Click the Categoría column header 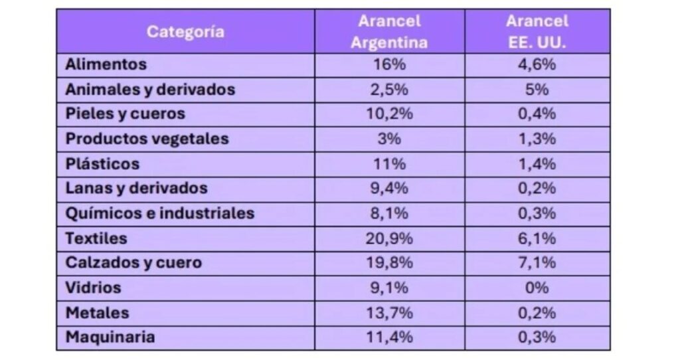click(x=185, y=31)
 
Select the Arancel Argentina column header click(x=389, y=31)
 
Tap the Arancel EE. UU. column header click(x=537, y=31)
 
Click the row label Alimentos click(x=106, y=64)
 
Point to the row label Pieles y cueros click(x=126, y=114)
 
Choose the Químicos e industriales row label click(x=160, y=213)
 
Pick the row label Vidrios click(x=94, y=288)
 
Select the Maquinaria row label click(x=110, y=337)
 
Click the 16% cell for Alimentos click(x=389, y=64)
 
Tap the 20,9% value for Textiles click(x=389, y=238)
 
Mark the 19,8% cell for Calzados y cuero click(x=389, y=262)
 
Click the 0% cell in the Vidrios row click(x=537, y=288)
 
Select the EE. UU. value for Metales click(x=537, y=312)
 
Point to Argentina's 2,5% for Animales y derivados click(x=389, y=89)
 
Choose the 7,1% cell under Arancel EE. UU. click(x=537, y=262)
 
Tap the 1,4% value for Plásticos click(x=537, y=163)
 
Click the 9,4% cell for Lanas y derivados click(x=389, y=188)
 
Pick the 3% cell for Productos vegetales click(x=389, y=139)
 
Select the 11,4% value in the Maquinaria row click(x=389, y=337)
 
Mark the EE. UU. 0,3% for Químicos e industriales click(x=537, y=213)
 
